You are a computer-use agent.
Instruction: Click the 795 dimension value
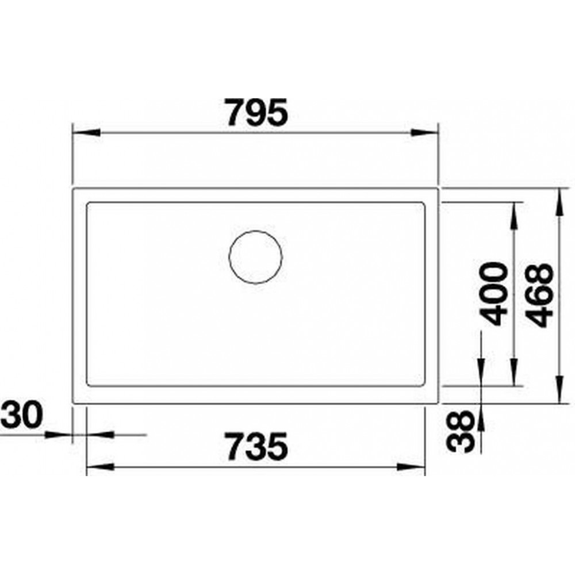(x=256, y=112)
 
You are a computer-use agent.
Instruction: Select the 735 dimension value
(x=256, y=446)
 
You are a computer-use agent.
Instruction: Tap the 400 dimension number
(x=493, y=294)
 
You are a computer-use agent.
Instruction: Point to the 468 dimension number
(x=538, y=295)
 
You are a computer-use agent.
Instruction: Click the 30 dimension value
(x=21, y=415)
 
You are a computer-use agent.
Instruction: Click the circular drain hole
(x=256, y=256)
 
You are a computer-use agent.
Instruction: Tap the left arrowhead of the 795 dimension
(x=87, y=132)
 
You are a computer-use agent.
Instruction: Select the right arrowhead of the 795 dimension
(x=425, y=132)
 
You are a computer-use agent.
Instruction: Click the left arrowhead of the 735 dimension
(x=100, y=467)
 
